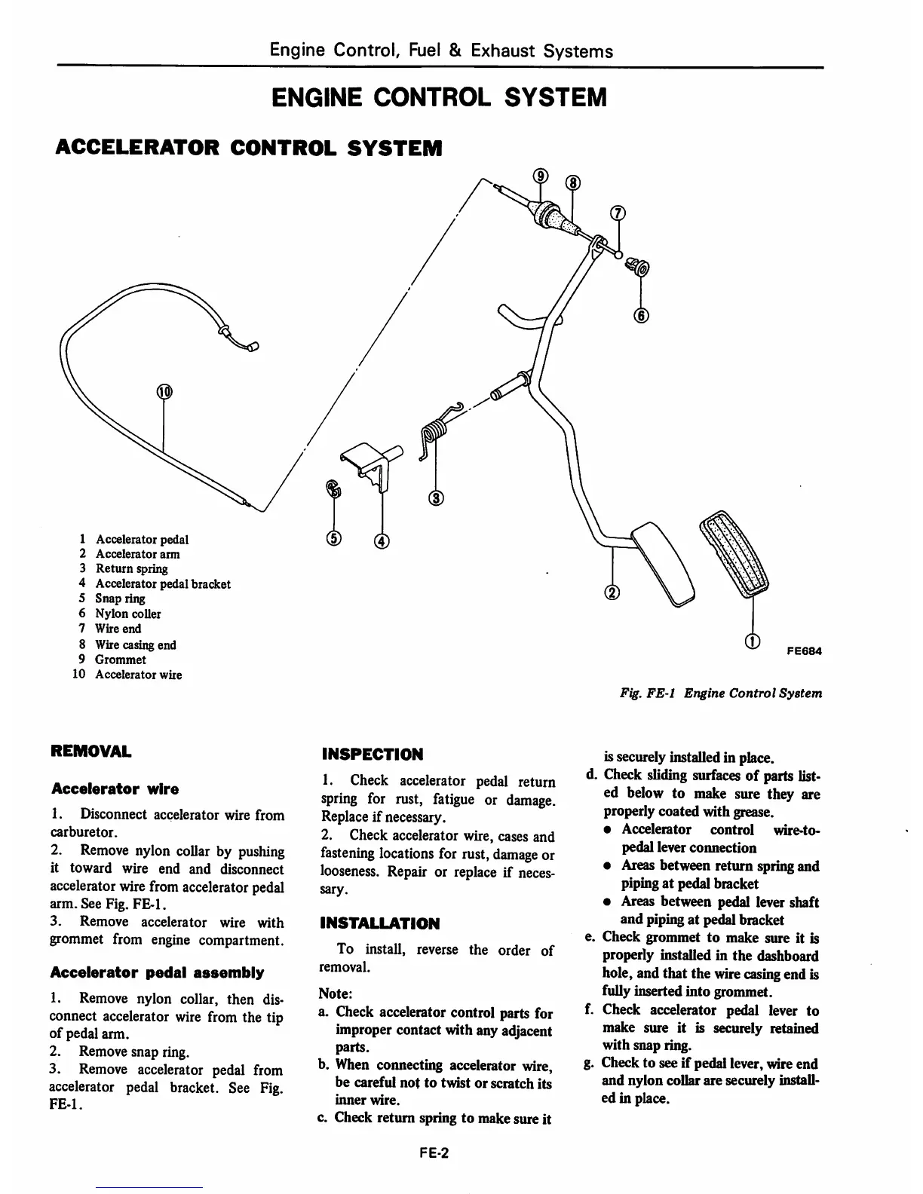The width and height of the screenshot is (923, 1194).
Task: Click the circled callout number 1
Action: pyautogui.click(x=751, y=642)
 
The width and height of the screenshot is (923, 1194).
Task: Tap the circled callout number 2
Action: pyautogui.click(x=612, y=592)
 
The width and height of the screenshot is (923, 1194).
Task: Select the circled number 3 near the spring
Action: pyautogui.click(x=437, y=497)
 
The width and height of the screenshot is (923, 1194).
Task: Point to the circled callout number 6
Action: pyautogui.click(x=641, y=316)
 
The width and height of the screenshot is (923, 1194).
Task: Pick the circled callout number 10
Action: pyautogui.click(x=164, y=391)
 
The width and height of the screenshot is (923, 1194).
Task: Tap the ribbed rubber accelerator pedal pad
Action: pyautogui.click(x=736, y=554)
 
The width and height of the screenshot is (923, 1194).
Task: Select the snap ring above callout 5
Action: pyautogui.click(x=333, y=490)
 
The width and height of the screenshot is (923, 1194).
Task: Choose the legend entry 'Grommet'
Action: pyautogui.click(x=121, y=660)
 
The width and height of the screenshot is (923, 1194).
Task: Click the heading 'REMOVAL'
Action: pyautogui.click(x=90, y=752)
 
